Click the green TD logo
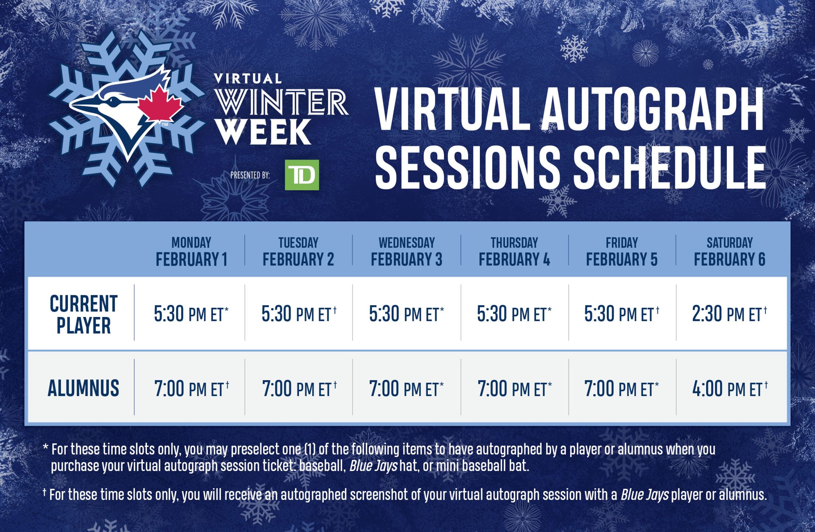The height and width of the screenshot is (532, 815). [302, 175]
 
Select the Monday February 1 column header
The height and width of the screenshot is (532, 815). [191, 252]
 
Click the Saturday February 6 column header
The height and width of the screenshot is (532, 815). [729, 252]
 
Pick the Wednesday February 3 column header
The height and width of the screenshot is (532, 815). [406, 252]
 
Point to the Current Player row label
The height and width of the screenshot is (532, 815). [83, 314]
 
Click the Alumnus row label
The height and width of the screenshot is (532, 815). [83, 388]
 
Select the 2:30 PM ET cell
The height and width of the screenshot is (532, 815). [729, 314]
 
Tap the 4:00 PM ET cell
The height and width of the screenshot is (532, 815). [730, 389]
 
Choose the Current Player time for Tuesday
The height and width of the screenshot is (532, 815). [299, 314]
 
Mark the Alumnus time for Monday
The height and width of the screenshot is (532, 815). [192, 389]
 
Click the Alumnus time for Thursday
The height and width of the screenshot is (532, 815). [515, 389]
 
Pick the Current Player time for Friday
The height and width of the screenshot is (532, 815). [622, 314]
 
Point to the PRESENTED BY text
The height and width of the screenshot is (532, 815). [250, 175]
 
